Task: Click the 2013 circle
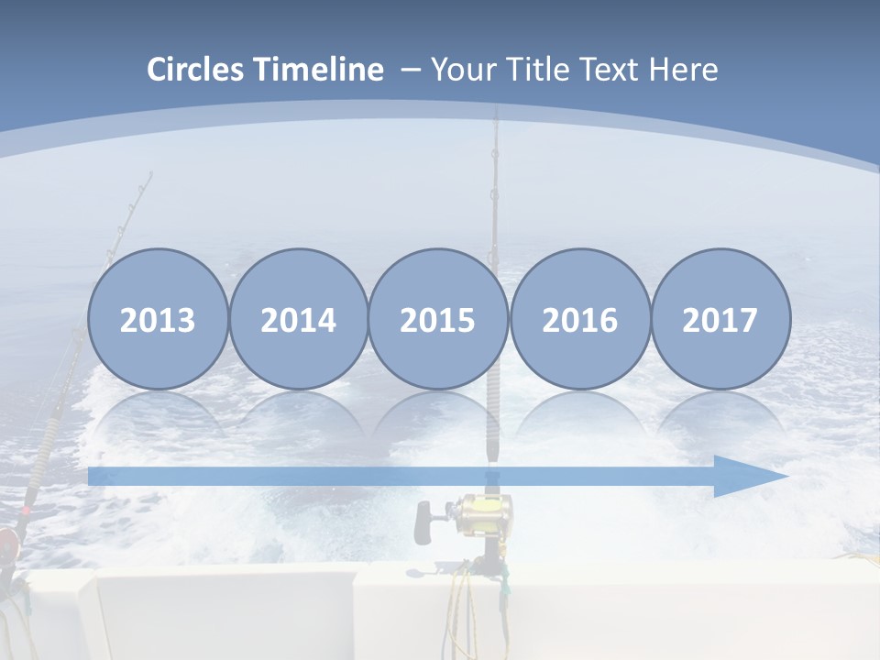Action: click(158, 319)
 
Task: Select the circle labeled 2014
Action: click(298, 319)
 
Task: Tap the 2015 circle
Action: click(438, 319)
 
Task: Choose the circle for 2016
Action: click(579, 319)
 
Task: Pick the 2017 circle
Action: click(720, 319)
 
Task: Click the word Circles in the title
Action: click(196, 69)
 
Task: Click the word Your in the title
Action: click(462, 69)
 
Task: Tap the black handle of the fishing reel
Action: click(423, 522)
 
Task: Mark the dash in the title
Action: click(410, 70)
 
